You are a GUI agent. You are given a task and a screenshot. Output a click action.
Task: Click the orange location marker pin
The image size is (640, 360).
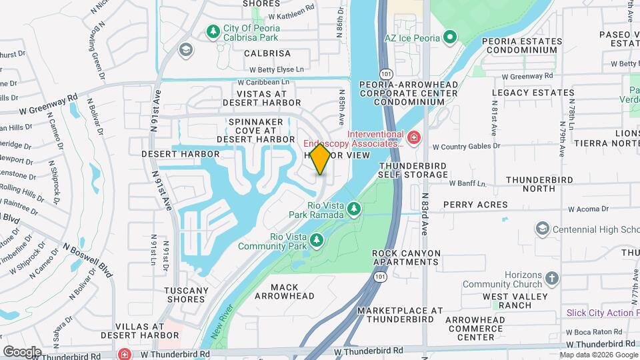click(320, 159)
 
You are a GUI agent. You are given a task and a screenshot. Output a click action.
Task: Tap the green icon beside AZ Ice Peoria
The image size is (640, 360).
click(450, 37)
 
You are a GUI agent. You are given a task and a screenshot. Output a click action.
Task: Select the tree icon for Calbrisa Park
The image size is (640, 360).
click(213, 31)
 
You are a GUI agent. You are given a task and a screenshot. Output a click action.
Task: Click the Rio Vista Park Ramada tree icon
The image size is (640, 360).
click(353, 210)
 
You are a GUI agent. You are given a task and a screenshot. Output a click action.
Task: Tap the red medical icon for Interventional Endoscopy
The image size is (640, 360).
click(414, 138)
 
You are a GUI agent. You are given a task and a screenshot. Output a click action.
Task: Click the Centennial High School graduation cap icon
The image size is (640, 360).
click(542, 229)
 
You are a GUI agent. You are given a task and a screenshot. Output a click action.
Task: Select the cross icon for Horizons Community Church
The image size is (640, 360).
click(551, 278)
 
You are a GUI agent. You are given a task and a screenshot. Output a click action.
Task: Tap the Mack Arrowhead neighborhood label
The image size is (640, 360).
click(284, 291)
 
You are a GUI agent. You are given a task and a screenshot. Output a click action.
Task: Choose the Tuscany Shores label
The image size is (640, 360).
click(185, 295)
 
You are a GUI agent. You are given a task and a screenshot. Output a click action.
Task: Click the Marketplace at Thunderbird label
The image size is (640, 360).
click(400, 315)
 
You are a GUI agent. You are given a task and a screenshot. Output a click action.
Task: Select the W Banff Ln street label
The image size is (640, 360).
click(467, 183)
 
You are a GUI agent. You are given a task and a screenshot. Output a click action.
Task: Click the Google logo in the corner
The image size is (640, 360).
click(22, 351)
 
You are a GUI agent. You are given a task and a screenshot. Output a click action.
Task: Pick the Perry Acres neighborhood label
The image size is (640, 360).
click(475, 205)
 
